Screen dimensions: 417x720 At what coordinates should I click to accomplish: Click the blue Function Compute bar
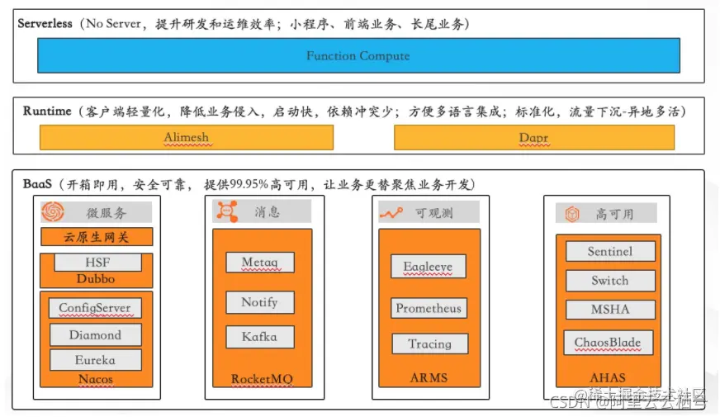358,56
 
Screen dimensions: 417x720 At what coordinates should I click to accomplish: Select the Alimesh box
187,138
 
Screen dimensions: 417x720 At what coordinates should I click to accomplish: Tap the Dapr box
533,138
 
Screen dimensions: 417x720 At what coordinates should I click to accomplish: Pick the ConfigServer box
95,309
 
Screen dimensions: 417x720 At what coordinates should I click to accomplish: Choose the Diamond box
95,335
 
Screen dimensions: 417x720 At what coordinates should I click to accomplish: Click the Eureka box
95,360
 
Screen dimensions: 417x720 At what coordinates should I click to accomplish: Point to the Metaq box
259,263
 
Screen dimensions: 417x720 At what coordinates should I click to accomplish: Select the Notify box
259,302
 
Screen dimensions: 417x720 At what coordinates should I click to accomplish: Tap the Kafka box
259,337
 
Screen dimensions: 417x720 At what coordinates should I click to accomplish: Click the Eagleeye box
428,267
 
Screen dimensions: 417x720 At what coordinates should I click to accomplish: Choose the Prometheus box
428,309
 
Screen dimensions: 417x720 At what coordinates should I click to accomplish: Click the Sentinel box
610,252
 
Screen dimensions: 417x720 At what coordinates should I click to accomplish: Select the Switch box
610,281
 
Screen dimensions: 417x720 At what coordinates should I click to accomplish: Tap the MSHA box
610,310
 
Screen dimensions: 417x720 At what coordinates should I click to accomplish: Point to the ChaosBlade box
608,342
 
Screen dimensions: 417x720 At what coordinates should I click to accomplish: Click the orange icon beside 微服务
52,212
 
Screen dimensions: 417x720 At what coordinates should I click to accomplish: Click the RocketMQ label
262,379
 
